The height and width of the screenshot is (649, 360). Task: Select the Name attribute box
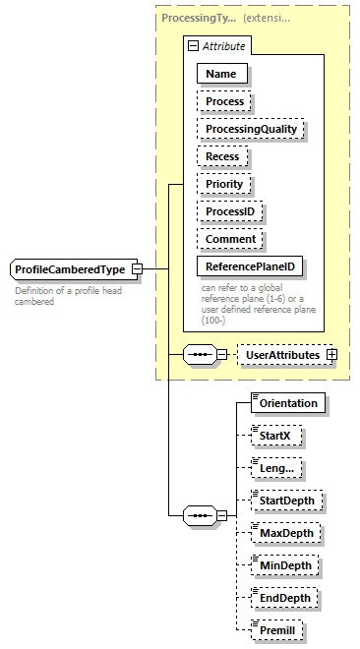pyautogui.click(x=222, y=74)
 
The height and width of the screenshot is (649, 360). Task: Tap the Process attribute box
pyautogui.click(x=225, y=101)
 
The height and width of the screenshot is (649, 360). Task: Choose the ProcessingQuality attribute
pyautogui.click(x=250, y=129)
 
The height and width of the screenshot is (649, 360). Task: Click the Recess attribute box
pyautogui.click(x=223, y=156)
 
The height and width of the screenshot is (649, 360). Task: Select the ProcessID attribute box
pyautogui.click(x=231, y=211)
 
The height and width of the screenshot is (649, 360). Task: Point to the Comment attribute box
pyautogui.click(x=231, y=239)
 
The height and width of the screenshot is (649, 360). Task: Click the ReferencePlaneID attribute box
pyautogui.click(x=250, y=266)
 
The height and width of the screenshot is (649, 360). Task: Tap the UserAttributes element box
pyautogui.click(x=281, y=354)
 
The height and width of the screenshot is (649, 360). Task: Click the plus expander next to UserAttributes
pyautogui.click(x=330, y=354)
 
